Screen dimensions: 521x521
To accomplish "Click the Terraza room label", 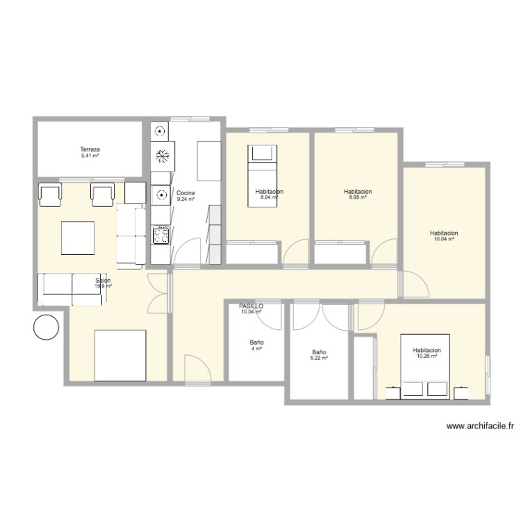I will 90,149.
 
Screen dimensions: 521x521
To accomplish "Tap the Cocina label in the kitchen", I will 185,192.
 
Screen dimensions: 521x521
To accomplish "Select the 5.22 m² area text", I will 320,358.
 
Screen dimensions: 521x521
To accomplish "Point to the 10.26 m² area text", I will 427,356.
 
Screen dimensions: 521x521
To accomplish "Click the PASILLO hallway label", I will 251,306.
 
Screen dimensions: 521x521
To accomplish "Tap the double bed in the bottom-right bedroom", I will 425,367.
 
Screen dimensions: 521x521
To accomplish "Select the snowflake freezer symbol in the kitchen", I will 161,157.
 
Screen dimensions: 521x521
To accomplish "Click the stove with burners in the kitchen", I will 160,235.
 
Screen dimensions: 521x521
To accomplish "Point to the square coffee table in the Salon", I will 78,238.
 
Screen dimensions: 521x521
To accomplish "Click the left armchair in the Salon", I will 50,195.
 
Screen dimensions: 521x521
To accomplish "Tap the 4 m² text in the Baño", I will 256,349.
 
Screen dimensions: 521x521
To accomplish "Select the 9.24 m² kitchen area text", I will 185,199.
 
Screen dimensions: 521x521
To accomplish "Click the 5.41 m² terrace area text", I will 90,156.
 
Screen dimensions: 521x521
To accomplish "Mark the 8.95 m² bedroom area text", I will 358,197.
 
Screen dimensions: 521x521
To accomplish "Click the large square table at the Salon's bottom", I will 120,355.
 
